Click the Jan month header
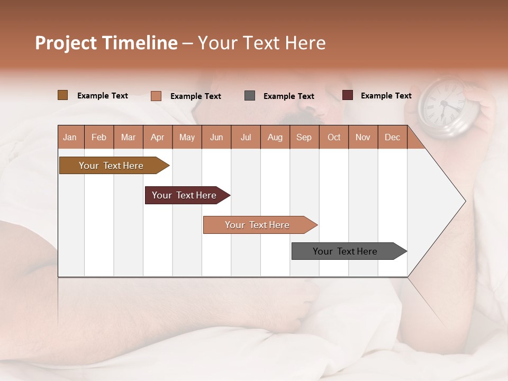click(70, 138)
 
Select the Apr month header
click(158, 138)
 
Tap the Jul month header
click(246, 138)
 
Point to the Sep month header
click(304, 138)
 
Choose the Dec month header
click(392, 138)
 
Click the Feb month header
click(99, 138)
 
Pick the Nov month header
click(363, 138)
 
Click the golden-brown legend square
click(63, 95)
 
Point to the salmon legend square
click(156, 96)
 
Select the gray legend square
click(250, 96)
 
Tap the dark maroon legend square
click(348, 95)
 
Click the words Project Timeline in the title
click(106, 43)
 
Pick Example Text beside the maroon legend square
click(386, 96)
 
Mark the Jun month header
click(216, 138)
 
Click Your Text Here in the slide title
click(261, 43)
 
